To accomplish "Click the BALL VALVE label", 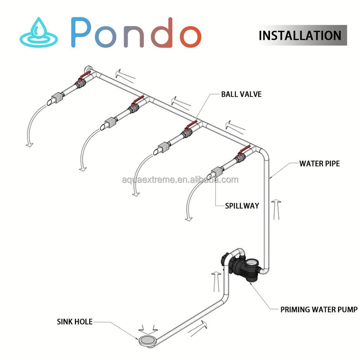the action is tap(241, 94).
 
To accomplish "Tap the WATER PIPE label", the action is tap(319, 163).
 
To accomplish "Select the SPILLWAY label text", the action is tap(242, 205).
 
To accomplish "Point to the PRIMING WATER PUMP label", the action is tap(319, 309).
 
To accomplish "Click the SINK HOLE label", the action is tap(75, 321).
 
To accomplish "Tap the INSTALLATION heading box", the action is tap(300, 35).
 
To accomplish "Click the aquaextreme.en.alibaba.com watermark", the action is tap(180, 180).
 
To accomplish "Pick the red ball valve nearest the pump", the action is tap(240, 154).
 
